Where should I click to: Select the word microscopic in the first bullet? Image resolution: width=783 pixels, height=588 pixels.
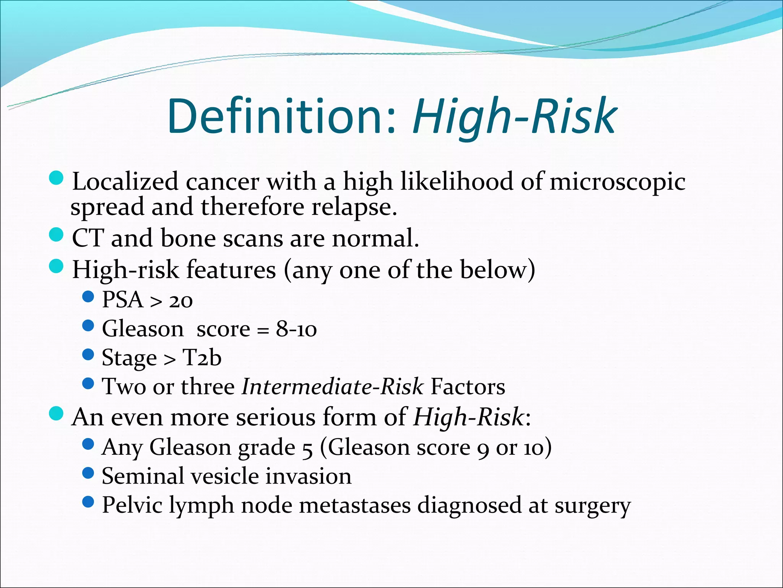click(x=617, y=181)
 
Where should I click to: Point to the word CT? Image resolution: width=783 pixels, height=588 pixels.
click(x=88, y=238)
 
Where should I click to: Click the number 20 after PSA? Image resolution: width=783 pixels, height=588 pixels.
click(x=181, y=301)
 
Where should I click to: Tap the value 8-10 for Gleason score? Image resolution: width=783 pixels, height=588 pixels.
click(x=296, y=329)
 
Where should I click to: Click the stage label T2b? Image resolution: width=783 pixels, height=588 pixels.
click(x=202, y=358)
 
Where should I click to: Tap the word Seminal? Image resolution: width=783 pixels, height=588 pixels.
click(x=143, y=476)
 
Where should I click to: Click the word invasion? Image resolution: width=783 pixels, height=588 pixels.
click(x=309, y=476)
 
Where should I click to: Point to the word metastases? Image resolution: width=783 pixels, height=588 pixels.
click(x=354, y=505)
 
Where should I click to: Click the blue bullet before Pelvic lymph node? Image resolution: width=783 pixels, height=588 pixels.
click(x=88, y=502)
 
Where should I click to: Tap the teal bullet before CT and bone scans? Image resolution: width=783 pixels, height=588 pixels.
click(x=57, y=234)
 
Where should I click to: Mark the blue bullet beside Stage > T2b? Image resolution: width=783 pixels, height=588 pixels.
click(x=88, y=354)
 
